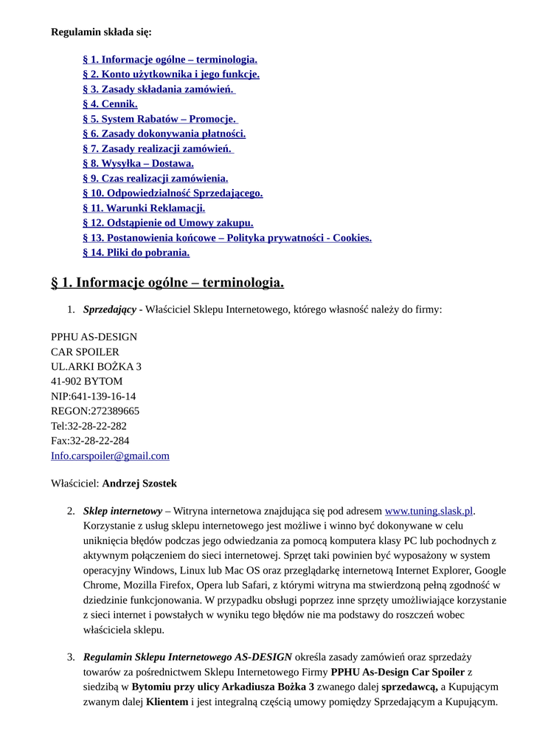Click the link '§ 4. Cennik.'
[110, 104]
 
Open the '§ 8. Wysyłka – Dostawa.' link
[138, 163]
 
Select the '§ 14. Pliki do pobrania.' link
[136, 252]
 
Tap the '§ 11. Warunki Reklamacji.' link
[144, 208]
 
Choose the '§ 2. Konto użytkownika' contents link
[170, 75]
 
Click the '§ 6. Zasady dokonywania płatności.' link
[164, 134]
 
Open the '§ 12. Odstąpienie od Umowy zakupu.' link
[167, 223]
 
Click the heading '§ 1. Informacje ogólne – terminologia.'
[167, 283]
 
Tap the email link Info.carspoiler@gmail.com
[110, 456]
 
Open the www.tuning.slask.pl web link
[429, 510]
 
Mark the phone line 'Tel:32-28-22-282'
[89, 426]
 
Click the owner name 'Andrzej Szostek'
[139, 484]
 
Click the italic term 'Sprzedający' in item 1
[109, 309]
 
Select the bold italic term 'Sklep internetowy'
[122, 510]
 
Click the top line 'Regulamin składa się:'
[101, 32]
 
